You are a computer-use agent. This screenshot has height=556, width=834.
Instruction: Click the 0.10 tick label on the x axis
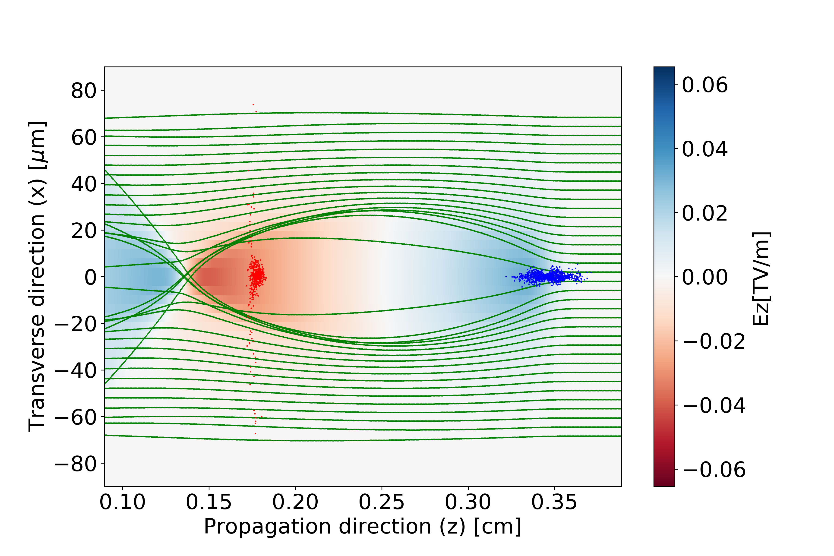[122, 502]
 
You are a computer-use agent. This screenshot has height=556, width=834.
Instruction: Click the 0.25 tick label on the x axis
[382, 502]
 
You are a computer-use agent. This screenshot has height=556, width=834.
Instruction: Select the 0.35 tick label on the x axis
[554, 502]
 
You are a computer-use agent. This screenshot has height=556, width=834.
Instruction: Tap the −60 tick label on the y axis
[76, 417]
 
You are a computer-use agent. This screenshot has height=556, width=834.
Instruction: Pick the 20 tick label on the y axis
[84, 231]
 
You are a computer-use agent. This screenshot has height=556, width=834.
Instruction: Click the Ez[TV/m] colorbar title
[761, 279]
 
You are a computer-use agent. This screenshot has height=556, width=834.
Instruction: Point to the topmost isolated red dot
[253, 105]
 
